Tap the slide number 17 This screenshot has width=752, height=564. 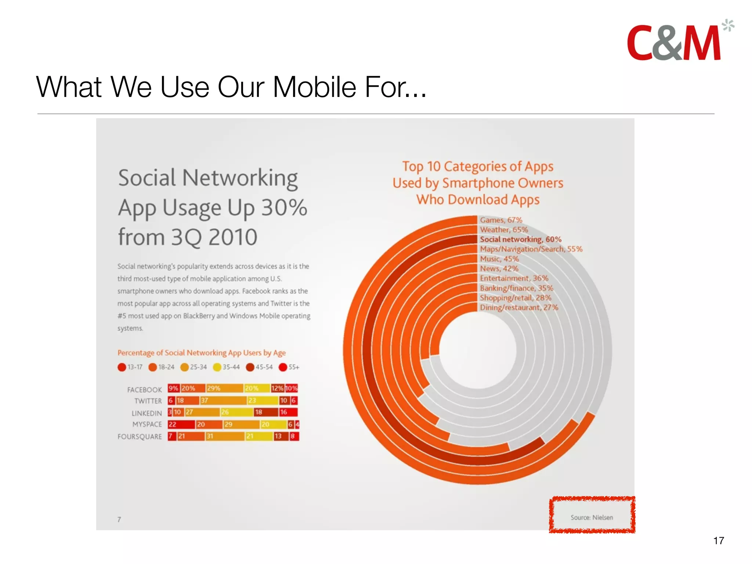click(x=719, y=540)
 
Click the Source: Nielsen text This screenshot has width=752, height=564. click(x=592, y=517)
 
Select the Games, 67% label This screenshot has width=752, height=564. click(x=501, y=220)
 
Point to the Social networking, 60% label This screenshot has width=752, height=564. click(x=521, y=239)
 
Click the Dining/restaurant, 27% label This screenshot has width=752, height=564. click(x=519, y=307)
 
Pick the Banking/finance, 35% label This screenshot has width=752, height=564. click(x=516, y=288)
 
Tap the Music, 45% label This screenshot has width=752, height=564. click(x=499, y=259)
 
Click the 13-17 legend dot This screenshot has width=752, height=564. click(x=122, y=367)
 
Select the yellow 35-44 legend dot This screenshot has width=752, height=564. click(x=217, y=367)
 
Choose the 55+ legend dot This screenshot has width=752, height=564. click(x=283, y=367)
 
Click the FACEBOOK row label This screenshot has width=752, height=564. click(x=144, y=390)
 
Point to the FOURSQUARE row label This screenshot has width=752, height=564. click(x=140, y=437)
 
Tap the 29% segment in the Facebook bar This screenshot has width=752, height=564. click(x=224, y=388)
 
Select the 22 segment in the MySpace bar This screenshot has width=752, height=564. click(x=181, y=424)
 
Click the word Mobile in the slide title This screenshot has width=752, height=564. click(x=314, y=87)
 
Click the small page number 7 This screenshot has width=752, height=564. click(x=119, y=519)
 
